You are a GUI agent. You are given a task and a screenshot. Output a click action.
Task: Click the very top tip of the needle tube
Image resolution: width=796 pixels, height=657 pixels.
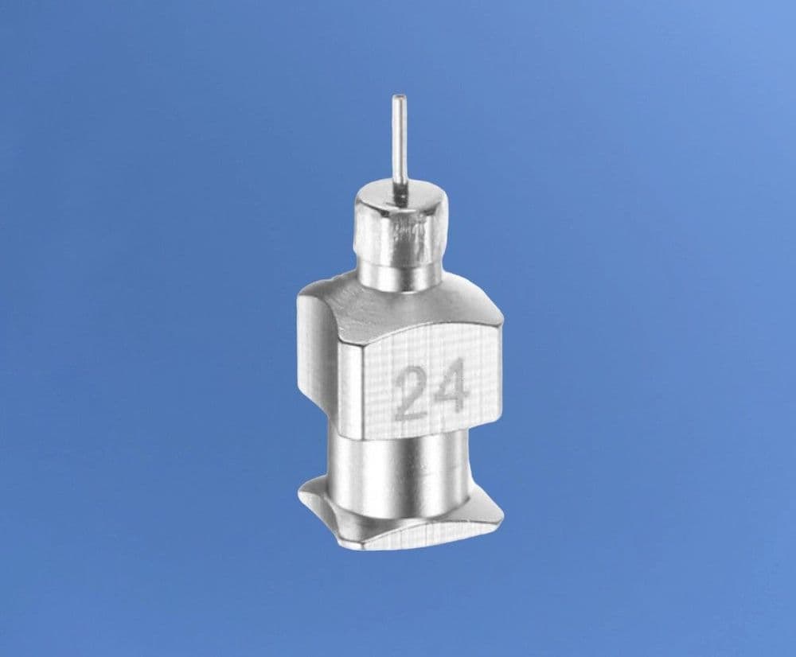coord(399,97)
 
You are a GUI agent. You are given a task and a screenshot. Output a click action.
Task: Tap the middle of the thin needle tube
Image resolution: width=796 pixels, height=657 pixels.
coord(400,147)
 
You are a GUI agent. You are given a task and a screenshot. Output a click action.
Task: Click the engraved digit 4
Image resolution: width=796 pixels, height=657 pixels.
coord(450,390)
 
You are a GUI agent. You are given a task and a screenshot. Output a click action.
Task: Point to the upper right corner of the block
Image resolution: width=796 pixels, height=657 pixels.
coord(501,322)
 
